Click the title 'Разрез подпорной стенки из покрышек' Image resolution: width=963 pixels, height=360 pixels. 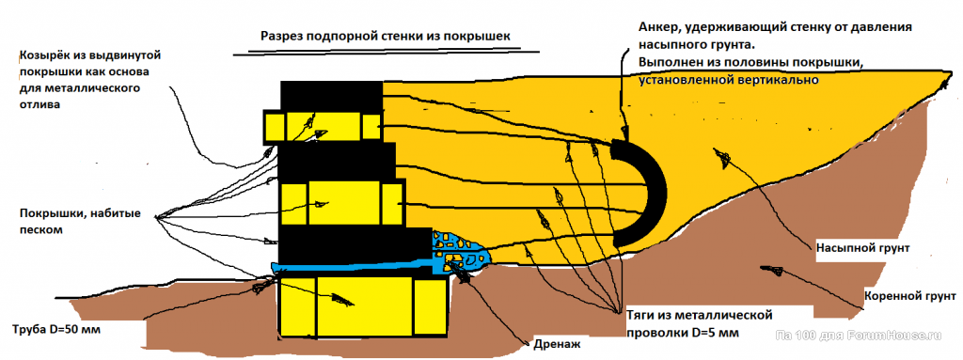pos(386,37)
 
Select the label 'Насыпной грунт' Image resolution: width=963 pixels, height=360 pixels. pos(862,249)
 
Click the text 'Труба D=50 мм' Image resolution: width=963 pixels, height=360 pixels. pos(55,330)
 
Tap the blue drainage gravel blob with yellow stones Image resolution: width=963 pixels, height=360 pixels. pos(459,252)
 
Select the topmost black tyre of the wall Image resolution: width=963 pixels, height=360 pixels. pos(332,96)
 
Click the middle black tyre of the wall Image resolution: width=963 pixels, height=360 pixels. pos(338,163)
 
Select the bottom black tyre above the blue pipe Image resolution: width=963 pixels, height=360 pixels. pos(353,244)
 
